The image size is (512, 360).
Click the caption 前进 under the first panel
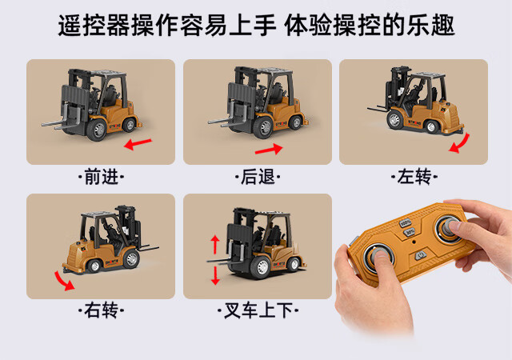tap(102, 177)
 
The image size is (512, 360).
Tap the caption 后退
tap(258, 177)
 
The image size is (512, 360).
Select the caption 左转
tap(414, 177)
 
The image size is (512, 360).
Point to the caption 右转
tap(102, 310)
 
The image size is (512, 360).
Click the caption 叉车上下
tap(258, 310)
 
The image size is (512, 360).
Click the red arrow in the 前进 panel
tap(138, 143)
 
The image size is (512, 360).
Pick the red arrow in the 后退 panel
tap(269, 150)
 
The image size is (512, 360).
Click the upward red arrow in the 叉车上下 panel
tap(215, 245)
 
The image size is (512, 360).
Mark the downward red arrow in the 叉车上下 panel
tap(215, 275)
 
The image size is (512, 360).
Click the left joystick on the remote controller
tap(378, 255)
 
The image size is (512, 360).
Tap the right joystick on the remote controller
tap(449, 228)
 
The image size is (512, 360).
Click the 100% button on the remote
tap(406, 222)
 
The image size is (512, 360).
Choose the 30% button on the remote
tap(410, 232)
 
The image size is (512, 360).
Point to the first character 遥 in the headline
tap(70, 25)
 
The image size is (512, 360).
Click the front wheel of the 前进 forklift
tap(97, 130)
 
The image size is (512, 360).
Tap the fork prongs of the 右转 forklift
tap(149, 248)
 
